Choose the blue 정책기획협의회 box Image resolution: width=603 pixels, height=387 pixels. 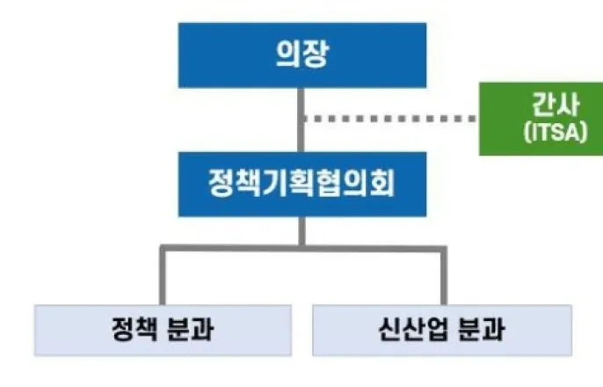coord(301,184)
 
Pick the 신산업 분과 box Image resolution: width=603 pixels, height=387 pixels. coord(442,330)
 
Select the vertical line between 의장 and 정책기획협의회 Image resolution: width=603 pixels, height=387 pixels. coord(301,132)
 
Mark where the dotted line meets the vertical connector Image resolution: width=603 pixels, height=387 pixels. coord(301,118)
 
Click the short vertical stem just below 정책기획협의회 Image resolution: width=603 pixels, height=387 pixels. coord(301,230)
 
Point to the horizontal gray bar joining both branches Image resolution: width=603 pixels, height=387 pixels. coord(301,248)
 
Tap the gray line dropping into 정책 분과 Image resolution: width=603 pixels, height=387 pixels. coord(162,276)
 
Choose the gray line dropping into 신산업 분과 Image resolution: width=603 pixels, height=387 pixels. coord(442,276)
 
